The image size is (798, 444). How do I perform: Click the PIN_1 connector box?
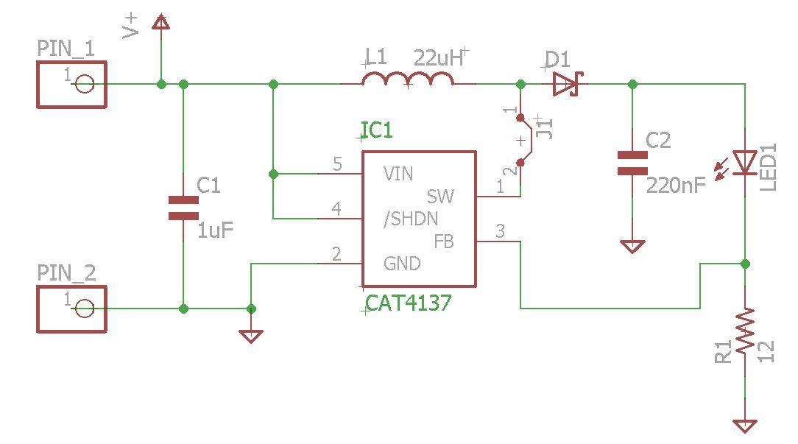tap(72, 85)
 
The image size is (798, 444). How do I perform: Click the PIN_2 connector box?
tap(72, 309)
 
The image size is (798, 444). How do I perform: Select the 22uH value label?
tap(440, 58)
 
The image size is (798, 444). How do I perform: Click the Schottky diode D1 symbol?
tap(568, 84)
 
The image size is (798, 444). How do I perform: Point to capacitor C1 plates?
tap(183, 208)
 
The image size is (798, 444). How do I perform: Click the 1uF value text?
tap(216, 230)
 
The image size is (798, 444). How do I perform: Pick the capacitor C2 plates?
tap(632, 163)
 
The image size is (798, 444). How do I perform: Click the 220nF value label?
tap(675, 185)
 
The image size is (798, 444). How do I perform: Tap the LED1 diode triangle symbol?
tap(745, 163)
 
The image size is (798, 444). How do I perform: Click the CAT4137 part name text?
tap(409, 303)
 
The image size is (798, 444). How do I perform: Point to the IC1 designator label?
tap(377, 131)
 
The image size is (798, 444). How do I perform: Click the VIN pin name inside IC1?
tap(398, 175)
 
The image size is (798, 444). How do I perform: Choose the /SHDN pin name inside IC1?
tap(411, 219)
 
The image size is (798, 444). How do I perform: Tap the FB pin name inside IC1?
tap(443, 241)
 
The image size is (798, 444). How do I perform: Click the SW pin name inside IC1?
tap(440, 197)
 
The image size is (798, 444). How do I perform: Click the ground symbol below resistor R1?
tap(745, 426)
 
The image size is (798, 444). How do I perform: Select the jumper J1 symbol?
tap(521, 140)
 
